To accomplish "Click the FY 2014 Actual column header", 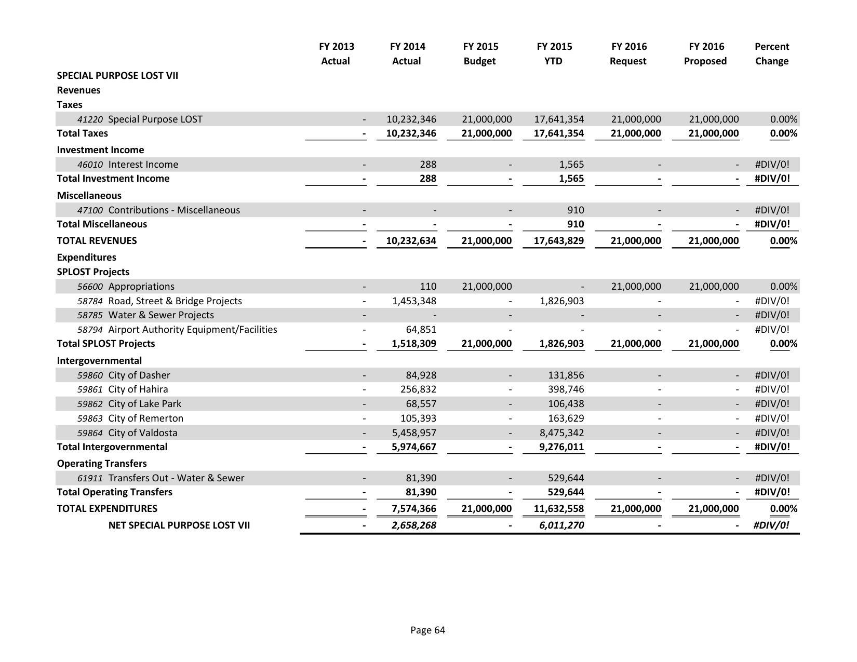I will click(x=407, y=53).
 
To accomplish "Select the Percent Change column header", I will click(x=771, y=53).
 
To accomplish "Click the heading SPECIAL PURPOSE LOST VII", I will click(x=117, y=75).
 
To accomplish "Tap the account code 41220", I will click(x=90, y=119).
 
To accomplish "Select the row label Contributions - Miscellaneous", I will click(x=174, y=210).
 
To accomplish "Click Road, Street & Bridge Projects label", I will click(x=175, y=301).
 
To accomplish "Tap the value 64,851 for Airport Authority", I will click(x=421, y=329).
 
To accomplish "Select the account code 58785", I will click(x=90, y=315).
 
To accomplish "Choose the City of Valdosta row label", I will click(x=143, y=433).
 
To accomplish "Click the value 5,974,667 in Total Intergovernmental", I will click(x=414, y=447).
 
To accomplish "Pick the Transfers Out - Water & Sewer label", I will click(x=176, y=478).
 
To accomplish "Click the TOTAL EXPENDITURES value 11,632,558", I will click(x=559, y=508).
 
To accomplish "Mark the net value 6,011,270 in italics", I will click(x=561, y=525).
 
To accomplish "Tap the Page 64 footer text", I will click(x=427, y=630).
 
